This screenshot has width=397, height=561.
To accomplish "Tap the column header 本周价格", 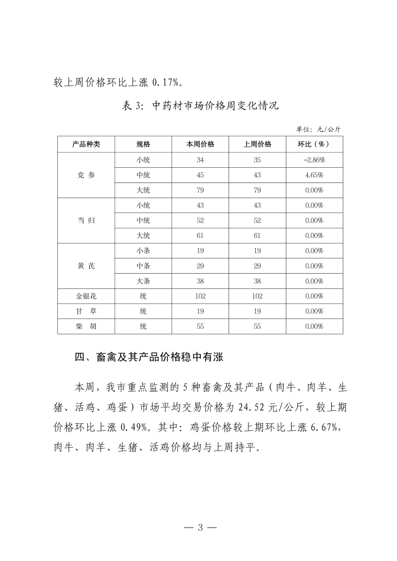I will click(x=200, y=144).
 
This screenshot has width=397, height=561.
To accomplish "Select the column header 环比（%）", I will click(x=314, y=144).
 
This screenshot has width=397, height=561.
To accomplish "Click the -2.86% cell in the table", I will click(x=314, y=160).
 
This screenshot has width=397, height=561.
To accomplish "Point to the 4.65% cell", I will click(x=314, y=175).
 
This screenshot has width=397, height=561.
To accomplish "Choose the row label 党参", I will click(x=86, y=175).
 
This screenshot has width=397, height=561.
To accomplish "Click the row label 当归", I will click(x=86, y=220).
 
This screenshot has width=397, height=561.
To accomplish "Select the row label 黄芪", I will click(x=86, y=266).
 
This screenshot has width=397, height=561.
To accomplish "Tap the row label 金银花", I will click(x=86, y=296).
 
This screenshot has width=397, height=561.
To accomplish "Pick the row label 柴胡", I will click(x=86, y=326).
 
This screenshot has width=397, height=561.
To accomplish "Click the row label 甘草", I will click(x=86, y=311).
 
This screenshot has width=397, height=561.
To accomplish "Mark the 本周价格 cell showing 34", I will click(x=200, y=160).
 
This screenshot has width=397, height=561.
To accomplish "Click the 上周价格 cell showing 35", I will click(x=257, y=160).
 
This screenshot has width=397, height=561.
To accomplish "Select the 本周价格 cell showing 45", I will click(x=200, y=175).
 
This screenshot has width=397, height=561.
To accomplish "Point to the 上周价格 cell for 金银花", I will click(x=257, y=296).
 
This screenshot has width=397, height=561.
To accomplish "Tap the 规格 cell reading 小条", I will click(x=143, y=250).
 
